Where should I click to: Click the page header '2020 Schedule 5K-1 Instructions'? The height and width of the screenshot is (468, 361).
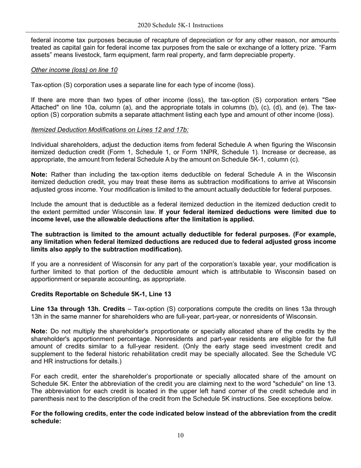point(180,25)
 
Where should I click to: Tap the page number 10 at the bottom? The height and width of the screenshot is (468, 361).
point(180,435)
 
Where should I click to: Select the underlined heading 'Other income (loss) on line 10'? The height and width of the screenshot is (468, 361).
point(74,70)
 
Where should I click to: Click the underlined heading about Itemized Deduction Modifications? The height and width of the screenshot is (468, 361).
point(109,130)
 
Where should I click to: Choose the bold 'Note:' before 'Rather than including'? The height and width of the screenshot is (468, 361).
point(39,174)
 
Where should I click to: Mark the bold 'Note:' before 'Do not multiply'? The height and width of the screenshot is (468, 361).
point(39,331)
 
